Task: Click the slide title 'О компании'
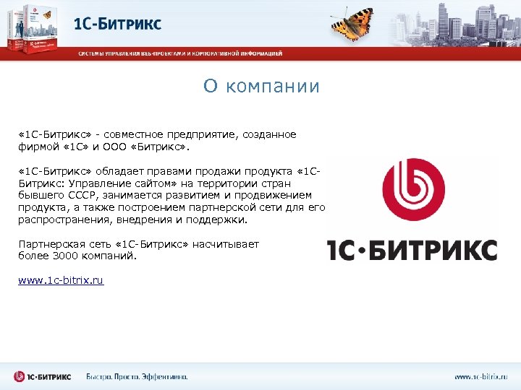point(260,87)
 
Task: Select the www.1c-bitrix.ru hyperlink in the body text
point(61,279)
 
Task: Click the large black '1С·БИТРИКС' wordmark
point(412,249)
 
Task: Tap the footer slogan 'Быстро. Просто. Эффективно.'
point(137,376)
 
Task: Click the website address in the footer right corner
point(480,376)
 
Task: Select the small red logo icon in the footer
point(20,376)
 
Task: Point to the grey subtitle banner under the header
point(181,53)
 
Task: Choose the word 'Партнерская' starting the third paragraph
point(49,244)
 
